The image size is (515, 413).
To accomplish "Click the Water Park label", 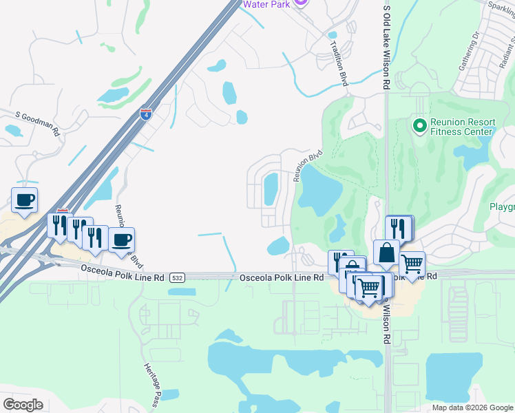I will pos(265,3).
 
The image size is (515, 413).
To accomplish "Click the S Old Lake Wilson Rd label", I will pos(387,45).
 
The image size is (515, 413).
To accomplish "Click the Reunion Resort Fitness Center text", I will pos(462,127).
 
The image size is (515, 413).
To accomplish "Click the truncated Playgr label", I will pos(501,206).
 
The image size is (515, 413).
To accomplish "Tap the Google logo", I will pos(23,404).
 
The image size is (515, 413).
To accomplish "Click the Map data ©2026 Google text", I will pos(472,407).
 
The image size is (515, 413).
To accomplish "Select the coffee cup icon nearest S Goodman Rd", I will pos(24,200).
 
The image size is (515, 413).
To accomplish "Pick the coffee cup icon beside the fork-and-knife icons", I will pos(122,240).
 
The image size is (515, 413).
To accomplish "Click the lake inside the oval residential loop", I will pos(271,189).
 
